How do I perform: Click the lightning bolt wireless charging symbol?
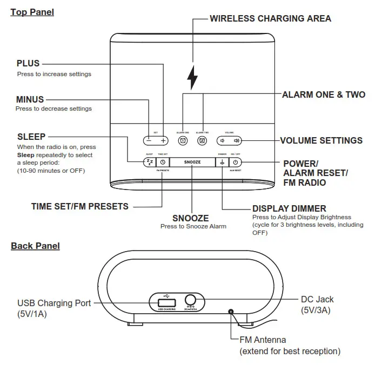tap(192, 78)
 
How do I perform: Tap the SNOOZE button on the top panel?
tap(193, 162)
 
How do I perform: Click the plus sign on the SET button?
tap(164, 140)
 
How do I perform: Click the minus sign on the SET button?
tap(149, 140)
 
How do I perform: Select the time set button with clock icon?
tap(163, 162)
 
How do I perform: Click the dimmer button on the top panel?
tap(222, 162)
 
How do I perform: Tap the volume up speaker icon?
tap(236, 140)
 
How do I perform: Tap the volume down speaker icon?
tap(222, 140)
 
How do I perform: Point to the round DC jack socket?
tap(190, 301)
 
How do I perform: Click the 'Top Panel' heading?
tap(32, 12)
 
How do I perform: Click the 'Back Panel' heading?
tap(35, 246)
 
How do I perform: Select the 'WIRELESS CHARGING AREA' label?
tap(270, 18)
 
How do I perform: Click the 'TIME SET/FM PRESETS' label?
tap(79, 206)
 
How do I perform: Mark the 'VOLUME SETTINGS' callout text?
tap(321, 140)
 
